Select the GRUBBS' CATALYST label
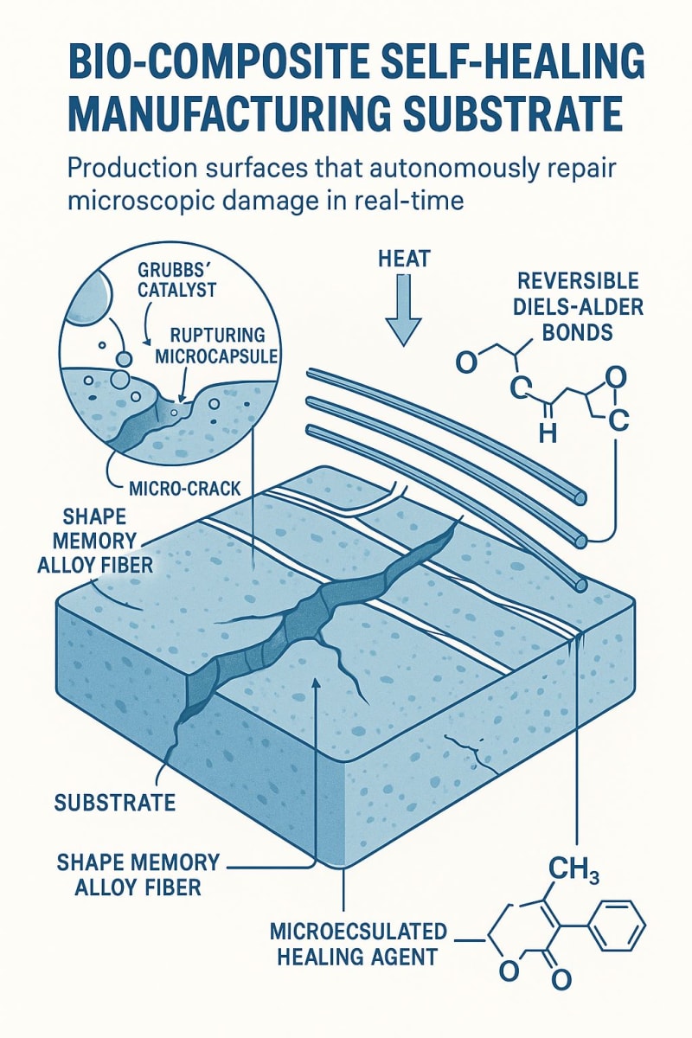(177, 279)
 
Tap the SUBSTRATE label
(115, 803)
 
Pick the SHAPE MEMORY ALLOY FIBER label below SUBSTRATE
(138, 875)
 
